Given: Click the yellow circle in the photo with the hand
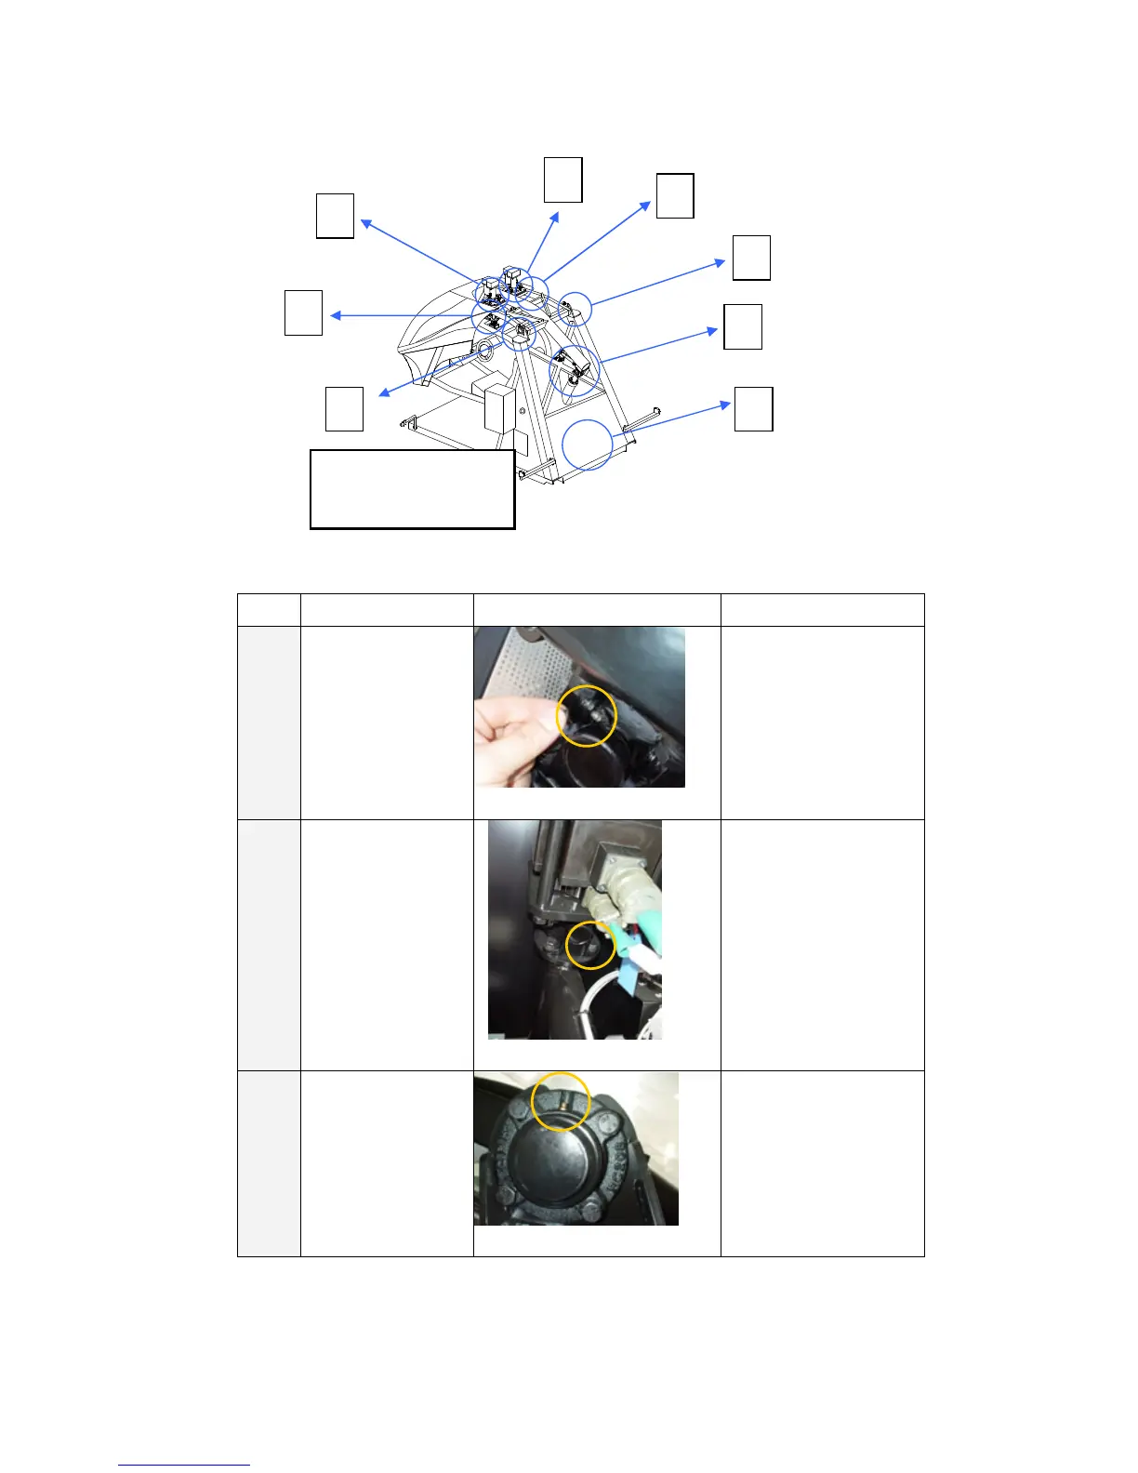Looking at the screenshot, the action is tap(587, 716).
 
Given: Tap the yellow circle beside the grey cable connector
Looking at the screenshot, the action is tap(591, 945).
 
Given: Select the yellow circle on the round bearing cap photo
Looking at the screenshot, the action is tap(561, 1101).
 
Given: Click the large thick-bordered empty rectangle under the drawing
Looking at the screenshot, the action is tap(412, 490).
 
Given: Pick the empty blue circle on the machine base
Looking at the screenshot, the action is tap(589, 445).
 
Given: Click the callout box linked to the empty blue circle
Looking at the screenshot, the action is tap(753, 409).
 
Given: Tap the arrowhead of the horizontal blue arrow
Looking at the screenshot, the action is tap(335, 316).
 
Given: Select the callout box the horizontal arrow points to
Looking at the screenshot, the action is tap(303, 312).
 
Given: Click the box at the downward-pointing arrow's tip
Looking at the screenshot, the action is tap(344, 409).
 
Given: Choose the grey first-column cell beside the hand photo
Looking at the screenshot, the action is tap(269, 723).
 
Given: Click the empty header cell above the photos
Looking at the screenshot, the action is tap(597, 610).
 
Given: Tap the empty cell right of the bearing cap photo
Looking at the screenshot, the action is tap(822, 1163).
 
